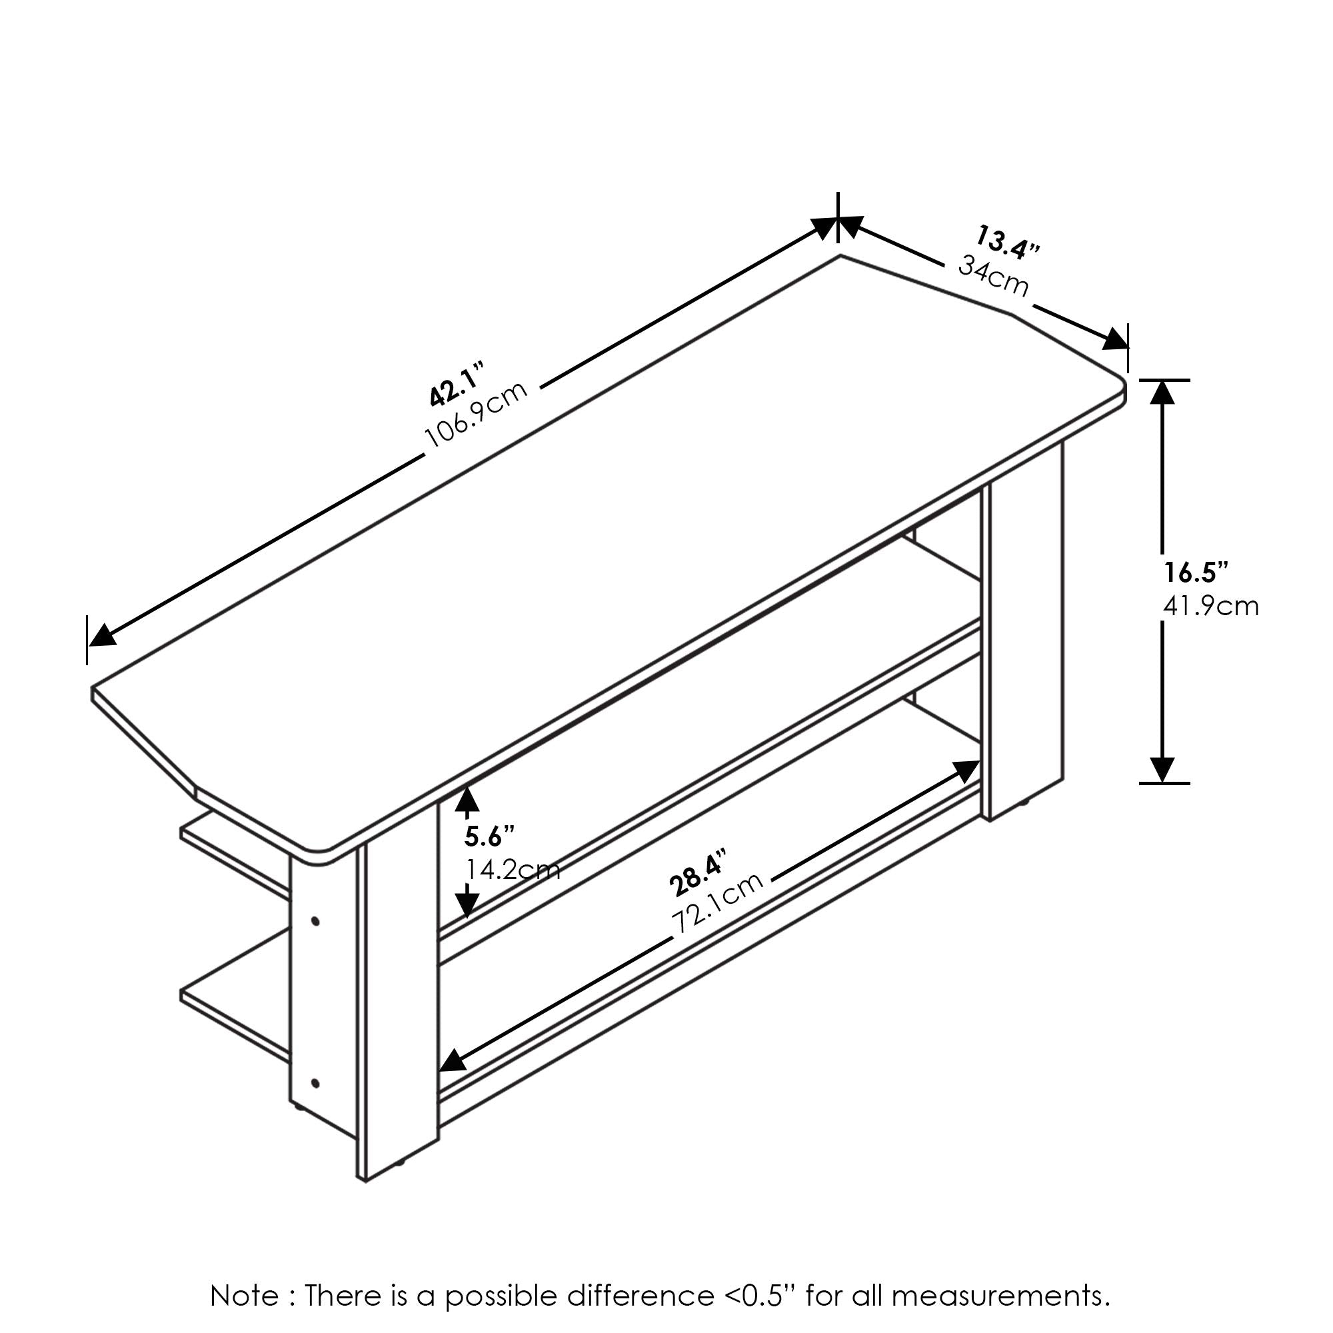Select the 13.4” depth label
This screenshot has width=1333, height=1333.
coord(1007,242)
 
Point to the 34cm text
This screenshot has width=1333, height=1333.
coord(994,275)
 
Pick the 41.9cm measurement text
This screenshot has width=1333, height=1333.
coord(1211,607)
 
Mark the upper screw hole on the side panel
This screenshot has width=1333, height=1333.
coord(316,921)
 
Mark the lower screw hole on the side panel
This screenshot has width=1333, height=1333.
coord(315,1083)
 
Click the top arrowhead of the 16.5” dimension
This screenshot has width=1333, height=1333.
coord(1163,392)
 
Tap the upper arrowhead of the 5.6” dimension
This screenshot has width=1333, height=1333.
coord(468,799)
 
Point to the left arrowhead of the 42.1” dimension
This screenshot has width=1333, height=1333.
coord(103,635)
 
